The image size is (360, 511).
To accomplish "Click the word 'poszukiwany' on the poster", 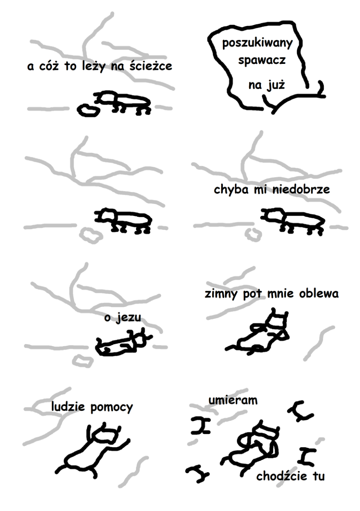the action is [x=257, y=43].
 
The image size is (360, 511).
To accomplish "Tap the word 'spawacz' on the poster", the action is [x=262, y=60].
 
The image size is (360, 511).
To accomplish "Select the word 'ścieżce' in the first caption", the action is [x=151, y=66].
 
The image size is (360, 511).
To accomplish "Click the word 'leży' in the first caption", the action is [x=94, y=66].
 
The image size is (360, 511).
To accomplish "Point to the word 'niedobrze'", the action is [x=301, y=189].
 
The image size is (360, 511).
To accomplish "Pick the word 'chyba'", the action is [x=231, y=190].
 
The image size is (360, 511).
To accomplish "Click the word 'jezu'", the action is [x=129, y=317].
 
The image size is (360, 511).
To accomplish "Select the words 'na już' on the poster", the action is [x=267, y=85].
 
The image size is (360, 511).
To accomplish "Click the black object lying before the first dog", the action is [x=88, y=110].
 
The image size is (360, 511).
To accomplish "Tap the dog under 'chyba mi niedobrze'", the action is [x=293, y=221].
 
